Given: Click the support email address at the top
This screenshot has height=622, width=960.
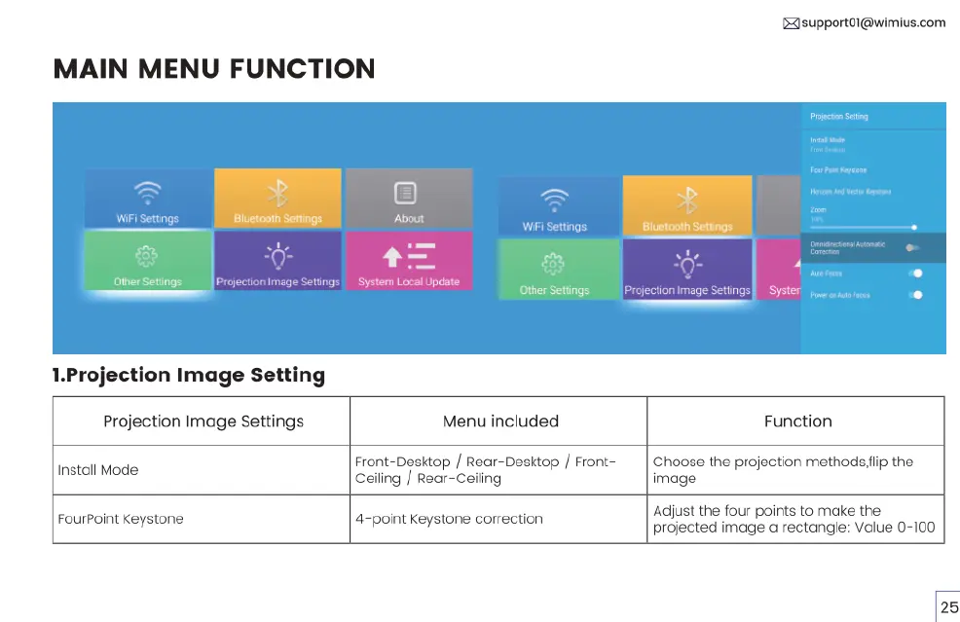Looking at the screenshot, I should click(x=873, y=22).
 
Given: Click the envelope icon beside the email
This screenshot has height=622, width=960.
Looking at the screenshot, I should click(x=791, y=23).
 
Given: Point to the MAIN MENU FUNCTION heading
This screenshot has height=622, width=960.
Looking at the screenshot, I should click(x=214, y=69).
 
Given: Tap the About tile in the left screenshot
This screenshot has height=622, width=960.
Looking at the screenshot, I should click(x=409, y=199).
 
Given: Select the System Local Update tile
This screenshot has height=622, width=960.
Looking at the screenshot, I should click(x=409, y=261).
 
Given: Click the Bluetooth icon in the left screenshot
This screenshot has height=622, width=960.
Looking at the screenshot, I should click(x=277, y=192).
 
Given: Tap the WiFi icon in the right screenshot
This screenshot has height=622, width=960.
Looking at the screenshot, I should click(x=554, y=200).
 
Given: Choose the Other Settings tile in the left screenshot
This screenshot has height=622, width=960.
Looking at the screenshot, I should click(x=147, y=261).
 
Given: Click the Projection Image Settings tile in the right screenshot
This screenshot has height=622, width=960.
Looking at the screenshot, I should click(x=687, y=269).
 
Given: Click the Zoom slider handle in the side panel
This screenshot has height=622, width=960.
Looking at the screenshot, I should click(x=914, y=227).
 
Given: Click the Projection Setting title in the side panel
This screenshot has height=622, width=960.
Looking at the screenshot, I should click(x=838, y=117).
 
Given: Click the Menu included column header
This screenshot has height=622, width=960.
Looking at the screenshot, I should click(x=500, y=421).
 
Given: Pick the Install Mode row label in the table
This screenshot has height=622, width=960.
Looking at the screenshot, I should click(x=98, y=470).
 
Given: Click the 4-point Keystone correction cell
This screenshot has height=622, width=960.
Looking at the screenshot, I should click(x=449, y=519).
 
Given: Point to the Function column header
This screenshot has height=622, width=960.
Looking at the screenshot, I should click(x=797, y=421).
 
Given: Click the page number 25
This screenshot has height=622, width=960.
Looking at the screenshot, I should click(x=949, y=606).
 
